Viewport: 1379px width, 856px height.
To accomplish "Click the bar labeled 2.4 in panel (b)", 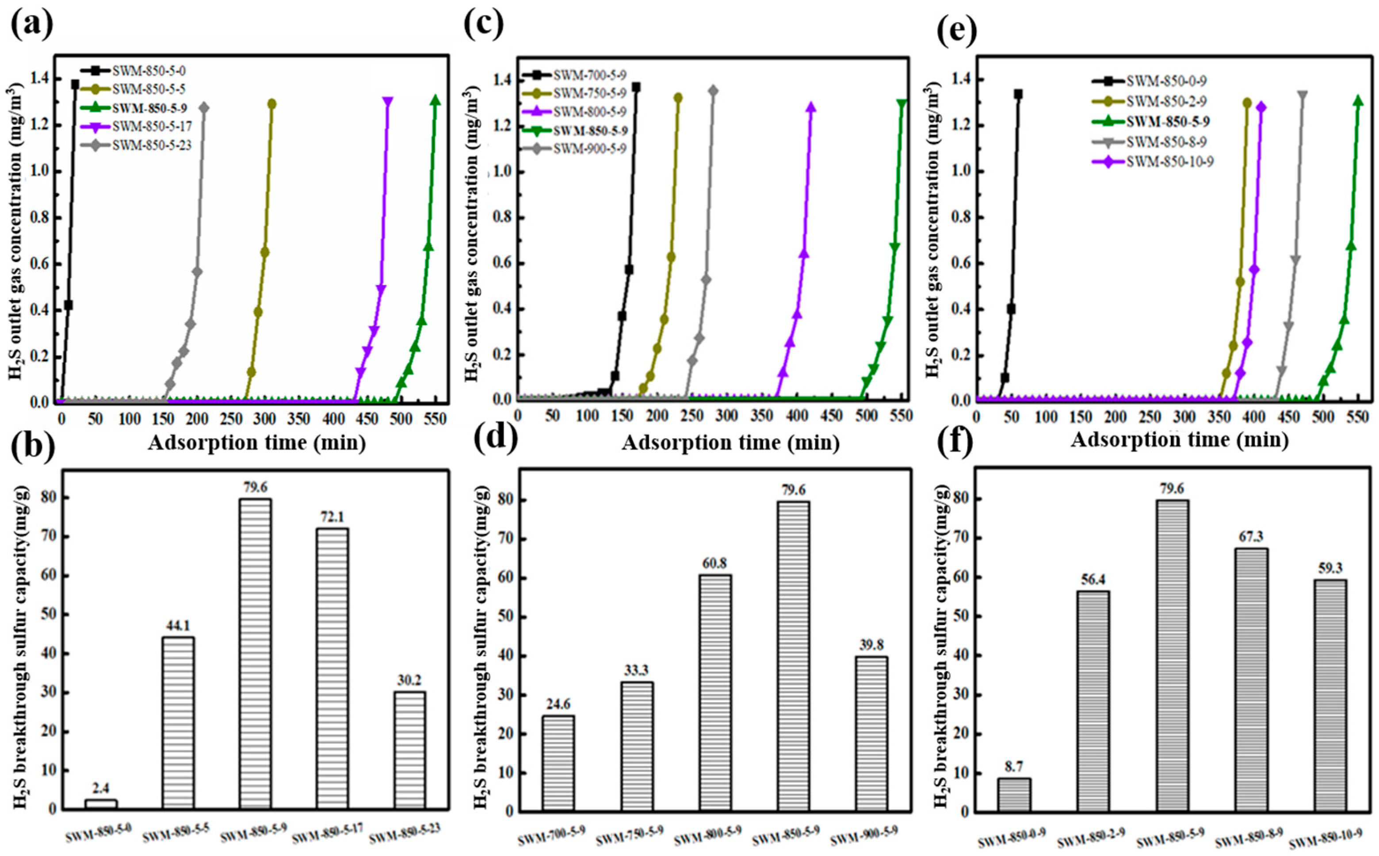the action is [x=101, y=804].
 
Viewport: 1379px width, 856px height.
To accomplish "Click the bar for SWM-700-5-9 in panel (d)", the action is [x=558, y=763].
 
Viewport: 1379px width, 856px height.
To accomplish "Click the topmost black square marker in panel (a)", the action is [x=75, y=84].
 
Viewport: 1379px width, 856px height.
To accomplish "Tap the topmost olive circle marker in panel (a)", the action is [x=272, y=103].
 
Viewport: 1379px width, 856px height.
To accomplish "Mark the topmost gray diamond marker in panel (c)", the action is [x=713, y=91].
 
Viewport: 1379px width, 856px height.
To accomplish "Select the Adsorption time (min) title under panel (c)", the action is [x=730, y=442].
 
